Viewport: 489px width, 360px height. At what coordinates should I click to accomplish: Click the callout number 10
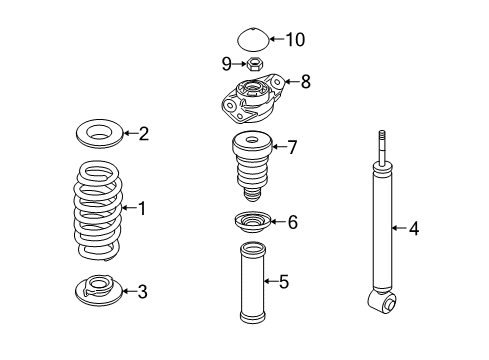click(x=295, y=39)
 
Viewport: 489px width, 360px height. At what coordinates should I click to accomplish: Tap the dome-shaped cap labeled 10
click(x=253, y=39)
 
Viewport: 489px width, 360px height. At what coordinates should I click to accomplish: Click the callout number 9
click(x=227, y=63)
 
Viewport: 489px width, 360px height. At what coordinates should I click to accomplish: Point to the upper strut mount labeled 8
click(x=253, y=98)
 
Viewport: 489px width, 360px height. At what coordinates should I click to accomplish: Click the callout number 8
click(x=305, y=82)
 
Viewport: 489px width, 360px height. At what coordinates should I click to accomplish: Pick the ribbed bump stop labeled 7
click(x=252, y=166)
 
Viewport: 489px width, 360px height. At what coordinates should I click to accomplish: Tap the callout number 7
click(x=292, y=147)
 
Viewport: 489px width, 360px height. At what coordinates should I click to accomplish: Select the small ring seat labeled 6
click(x=253, y=221)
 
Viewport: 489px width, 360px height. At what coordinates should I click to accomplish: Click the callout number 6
click(x=293, y=222)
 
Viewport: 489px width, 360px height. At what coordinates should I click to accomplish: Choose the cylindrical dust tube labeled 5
click(x=253, y=283)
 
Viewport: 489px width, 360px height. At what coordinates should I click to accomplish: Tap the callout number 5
click(x=284, y=282)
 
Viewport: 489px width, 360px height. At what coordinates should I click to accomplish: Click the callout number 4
click(x=414, y=229)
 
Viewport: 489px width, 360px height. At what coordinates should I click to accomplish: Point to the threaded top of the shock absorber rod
click(x=382, y=140)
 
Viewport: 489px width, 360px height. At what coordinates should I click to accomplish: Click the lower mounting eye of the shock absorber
click(x=383, y=302)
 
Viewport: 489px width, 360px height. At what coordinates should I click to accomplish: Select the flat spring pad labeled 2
click(x=100, y=133)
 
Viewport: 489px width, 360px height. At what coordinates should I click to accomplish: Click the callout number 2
click(x=144, y=134)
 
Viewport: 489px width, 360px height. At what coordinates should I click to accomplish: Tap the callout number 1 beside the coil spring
click(x=142, y=208)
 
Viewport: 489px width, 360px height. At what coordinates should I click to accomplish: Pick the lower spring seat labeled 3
click(x=99, y=290)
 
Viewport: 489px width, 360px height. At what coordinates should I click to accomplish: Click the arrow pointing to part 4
click(x=399, y=228)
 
